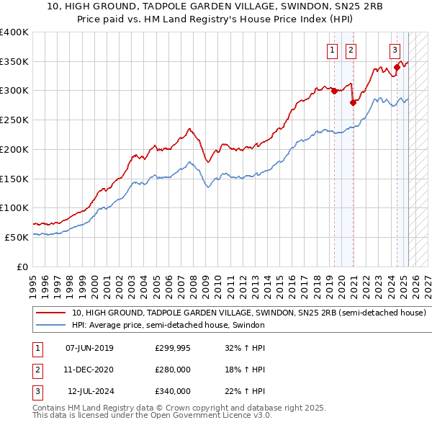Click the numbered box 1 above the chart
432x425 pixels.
coord(332,50)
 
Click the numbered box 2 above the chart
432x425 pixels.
coord(351,50)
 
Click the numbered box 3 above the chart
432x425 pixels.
coord(395,50)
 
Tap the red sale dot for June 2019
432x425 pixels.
coord(334,91)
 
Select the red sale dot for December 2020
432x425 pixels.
coord(353,102)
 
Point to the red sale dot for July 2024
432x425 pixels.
coord(397,67)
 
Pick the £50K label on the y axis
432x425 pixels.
coord(17,237)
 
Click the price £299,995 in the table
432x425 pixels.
coord(173,348)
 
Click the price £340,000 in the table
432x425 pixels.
coord(173,391)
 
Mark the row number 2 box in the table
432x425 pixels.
coord(37,370)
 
